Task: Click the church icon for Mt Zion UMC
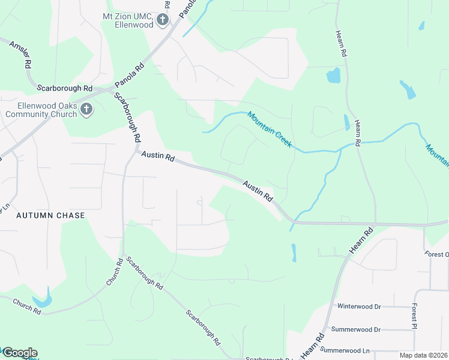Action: pyautogui.click(x=162, y=21)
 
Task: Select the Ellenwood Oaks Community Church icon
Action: pyautogui.click(x=86, y=109)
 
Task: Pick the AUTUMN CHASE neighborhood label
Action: pyautogui.click(x=50, y=215)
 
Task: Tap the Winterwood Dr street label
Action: pyautogui.click(x=359, y=306)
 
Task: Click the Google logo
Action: pyautogui.click(x=19, y=353)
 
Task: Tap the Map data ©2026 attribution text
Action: pyautogui.click(x=423, y=355)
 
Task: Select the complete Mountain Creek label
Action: pyautogui.click(x=269, y=130)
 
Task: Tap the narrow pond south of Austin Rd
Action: pyautogui.click(x=294, y=252)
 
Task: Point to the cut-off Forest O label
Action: pyautogui.click(x=437, y=254)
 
